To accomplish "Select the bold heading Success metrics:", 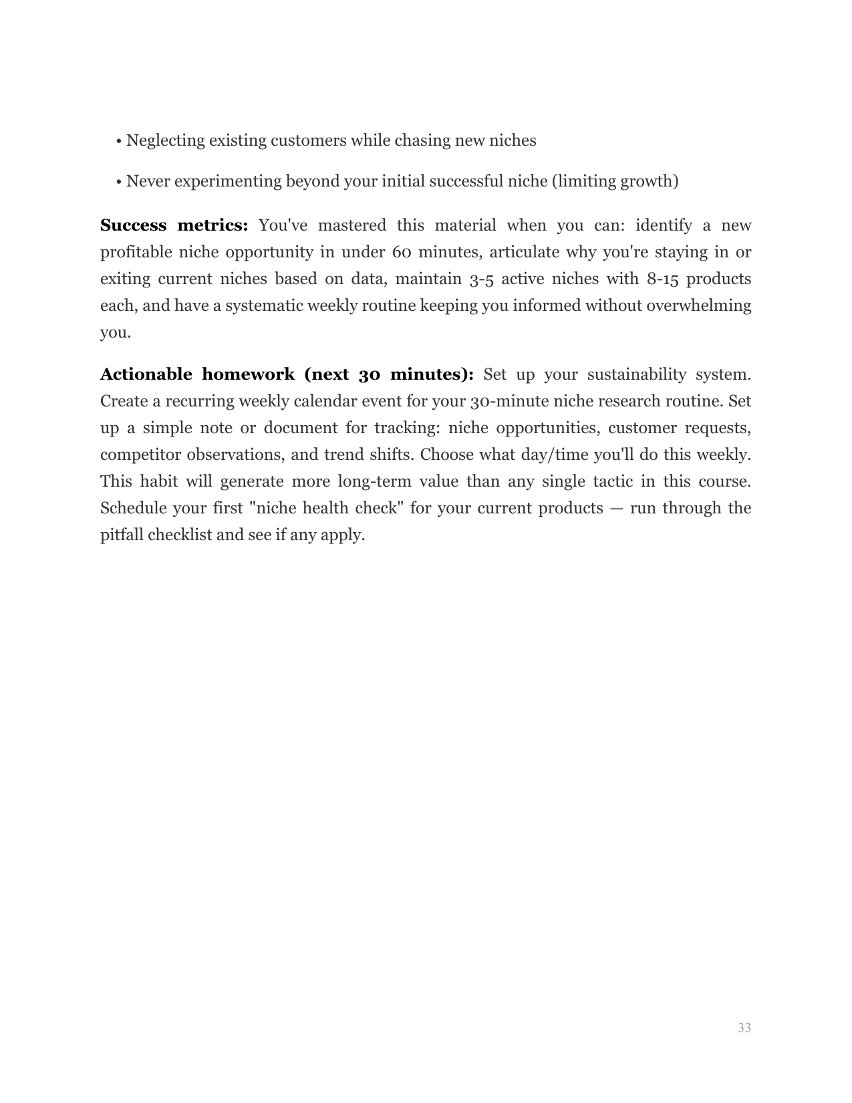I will [174, 225].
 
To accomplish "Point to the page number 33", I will [744, 1027].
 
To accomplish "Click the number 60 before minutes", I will [401, 252].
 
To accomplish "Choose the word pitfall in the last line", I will [121, 535].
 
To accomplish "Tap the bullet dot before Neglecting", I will [118, 142].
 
